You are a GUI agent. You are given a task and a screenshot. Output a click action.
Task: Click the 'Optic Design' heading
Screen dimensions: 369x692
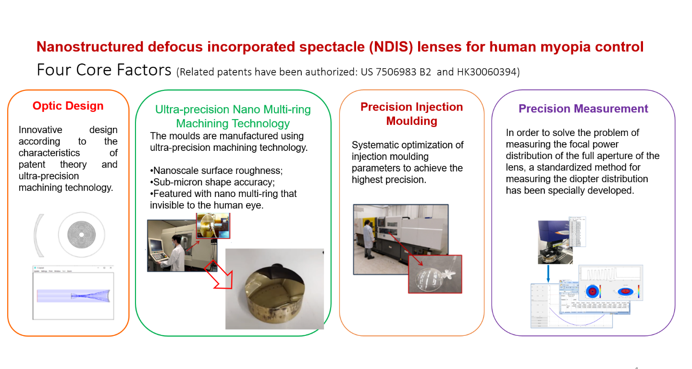click(68, 106)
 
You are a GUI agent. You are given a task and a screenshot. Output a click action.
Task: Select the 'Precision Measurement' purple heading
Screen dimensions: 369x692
click(583, 109)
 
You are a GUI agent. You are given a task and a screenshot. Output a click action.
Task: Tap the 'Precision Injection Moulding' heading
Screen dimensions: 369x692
click(412, 114)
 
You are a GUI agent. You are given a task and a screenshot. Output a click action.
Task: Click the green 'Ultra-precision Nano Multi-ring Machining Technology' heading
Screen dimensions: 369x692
click(233, 116)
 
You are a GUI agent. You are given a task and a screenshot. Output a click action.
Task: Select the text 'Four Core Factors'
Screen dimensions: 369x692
click(104, 70)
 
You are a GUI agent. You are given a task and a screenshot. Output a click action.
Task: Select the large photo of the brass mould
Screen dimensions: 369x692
click(274, 289)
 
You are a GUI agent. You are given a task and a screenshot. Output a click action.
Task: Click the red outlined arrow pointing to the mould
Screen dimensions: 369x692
click(219, 277)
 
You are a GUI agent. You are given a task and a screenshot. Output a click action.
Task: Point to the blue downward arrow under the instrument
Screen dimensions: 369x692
click(548, 273)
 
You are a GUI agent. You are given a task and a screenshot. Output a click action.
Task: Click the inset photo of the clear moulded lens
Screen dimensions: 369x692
click(434, 274)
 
